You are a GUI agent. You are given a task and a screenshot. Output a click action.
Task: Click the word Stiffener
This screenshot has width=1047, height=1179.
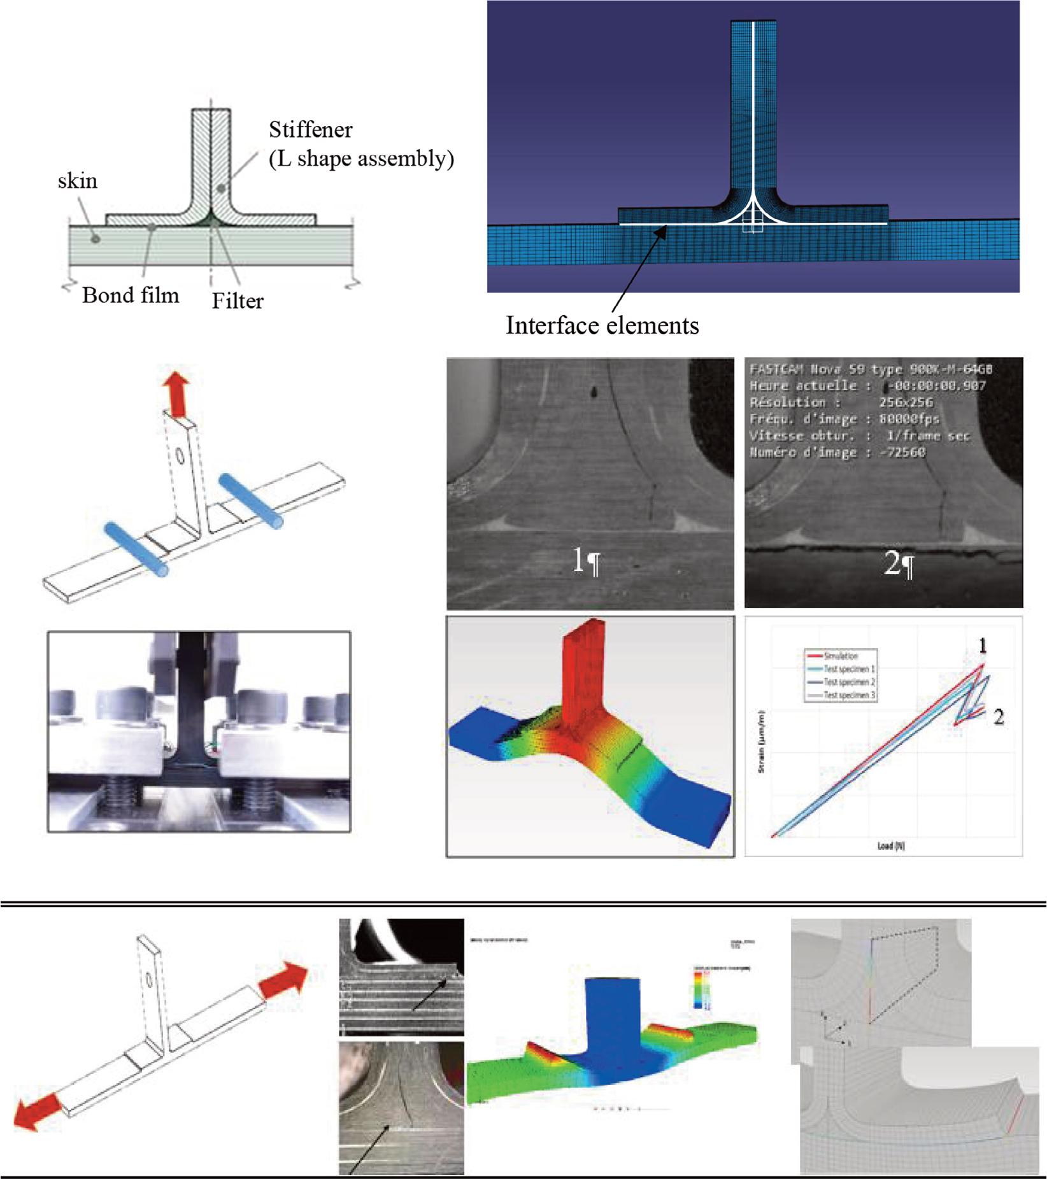click(310, 130)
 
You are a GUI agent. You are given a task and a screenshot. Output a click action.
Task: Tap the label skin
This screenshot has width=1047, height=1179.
click(78, 181)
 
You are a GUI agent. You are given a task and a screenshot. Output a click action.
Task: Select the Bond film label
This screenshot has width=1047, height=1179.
click(131, 295)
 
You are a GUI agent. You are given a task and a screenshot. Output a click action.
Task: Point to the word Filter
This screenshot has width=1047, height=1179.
click(238, 300)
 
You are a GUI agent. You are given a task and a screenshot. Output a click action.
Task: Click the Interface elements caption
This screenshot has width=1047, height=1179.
click(602, 325)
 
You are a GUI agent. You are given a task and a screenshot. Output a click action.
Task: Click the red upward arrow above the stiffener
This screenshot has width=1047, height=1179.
click(176, 395)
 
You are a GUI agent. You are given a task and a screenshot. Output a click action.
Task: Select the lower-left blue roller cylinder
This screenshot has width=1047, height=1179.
click(137, 548)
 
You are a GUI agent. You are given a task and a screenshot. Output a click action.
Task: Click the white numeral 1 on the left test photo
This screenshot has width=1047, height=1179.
click(578, 560)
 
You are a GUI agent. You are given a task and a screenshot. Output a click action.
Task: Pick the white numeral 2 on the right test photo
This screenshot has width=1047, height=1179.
click(891, 562)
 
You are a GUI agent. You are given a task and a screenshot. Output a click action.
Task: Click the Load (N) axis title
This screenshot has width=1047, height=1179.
click(891, 846)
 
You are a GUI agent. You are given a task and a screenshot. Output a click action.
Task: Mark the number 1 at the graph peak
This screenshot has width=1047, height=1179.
click(983, 647)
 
